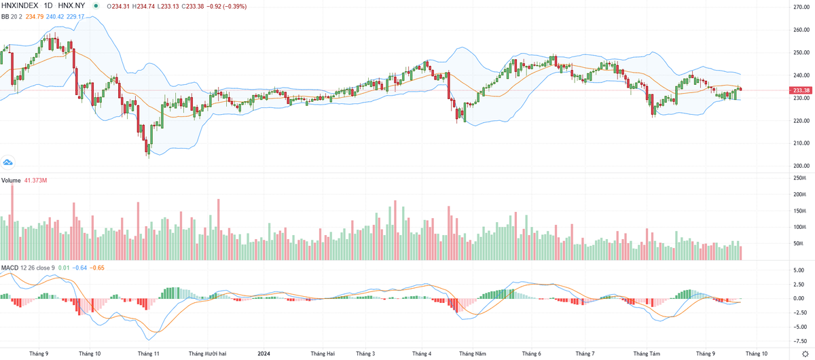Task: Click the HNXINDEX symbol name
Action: click(19, 5)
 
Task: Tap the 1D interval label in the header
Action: click(48, 5)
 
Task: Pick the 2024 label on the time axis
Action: click(264, 354)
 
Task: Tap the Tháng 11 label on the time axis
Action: click(148, 354)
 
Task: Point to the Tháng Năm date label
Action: click(472, 354)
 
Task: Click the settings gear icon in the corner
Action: click(805, 354)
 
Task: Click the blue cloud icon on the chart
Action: click(9, 162)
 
